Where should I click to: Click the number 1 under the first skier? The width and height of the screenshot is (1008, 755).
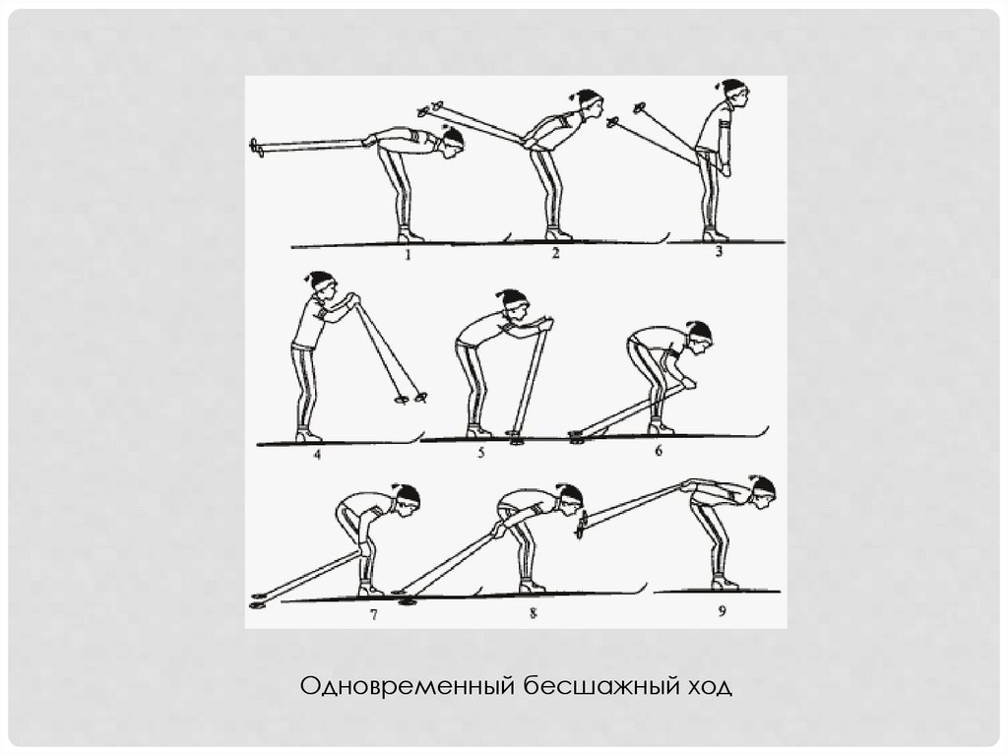(x=408, y=255)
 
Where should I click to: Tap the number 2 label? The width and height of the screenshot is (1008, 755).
(x=556, y=253)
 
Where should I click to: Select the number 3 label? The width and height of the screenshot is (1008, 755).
(x=719, y=251)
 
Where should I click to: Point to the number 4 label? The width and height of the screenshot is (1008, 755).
(x=317, y=456)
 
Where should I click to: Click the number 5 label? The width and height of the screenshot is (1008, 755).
(x=480, y=453)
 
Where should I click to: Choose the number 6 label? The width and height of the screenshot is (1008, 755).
(x=658, y=450)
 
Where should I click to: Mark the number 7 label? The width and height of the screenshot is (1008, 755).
(x=373, y=615)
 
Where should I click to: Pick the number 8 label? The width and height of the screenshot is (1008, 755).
(x=533, y=613)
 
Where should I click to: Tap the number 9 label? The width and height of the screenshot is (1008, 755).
(x=722, y=611)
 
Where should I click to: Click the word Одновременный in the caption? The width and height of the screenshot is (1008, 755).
(x=408, y=685)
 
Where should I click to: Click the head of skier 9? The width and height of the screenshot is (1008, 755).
(x=763, y=490)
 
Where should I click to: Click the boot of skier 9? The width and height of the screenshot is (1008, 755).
(x=724, y=582)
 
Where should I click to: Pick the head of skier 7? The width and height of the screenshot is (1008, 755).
(x=407, y=497)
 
